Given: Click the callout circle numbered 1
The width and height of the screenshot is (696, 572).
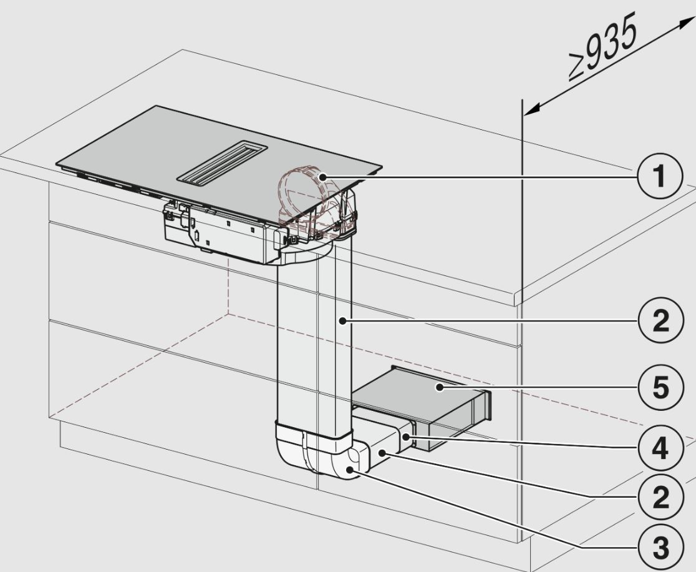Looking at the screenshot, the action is [x=660, y=176].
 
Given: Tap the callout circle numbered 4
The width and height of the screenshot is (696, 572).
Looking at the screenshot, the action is [x=660, y=448].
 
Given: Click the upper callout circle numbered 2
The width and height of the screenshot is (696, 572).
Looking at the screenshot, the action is [x=660, y=320].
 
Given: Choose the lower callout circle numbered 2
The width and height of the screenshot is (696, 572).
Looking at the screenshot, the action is [x=660, y=497].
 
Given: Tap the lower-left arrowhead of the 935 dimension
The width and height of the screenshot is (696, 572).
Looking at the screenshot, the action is [x=530, y=109].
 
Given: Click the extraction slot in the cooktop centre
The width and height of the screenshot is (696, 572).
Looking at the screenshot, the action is [x=223, y=162].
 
